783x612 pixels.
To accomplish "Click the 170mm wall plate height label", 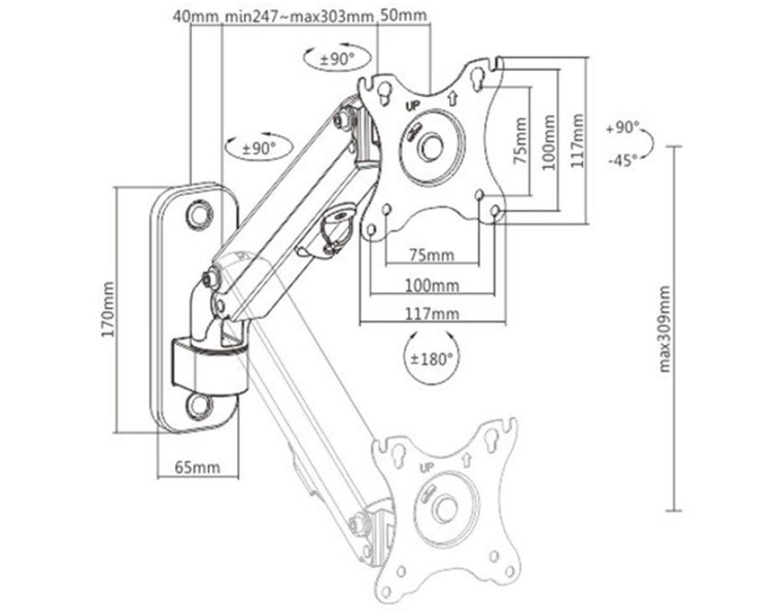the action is [x=108, y=310].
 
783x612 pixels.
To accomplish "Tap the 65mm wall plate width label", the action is [x=197, y=467].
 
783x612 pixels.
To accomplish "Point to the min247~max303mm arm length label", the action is [x=299, y=15].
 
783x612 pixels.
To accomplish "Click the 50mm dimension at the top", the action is [x=404, y=15].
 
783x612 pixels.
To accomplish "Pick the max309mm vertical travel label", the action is [x=664, y=329].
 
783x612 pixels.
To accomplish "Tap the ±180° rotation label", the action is [x=430, y=359].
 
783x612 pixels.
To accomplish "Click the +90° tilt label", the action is [x=622, y=128].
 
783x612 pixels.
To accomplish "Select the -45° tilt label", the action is [x=622, y=161].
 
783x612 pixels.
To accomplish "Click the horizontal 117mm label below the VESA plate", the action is [x=432, y=314].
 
